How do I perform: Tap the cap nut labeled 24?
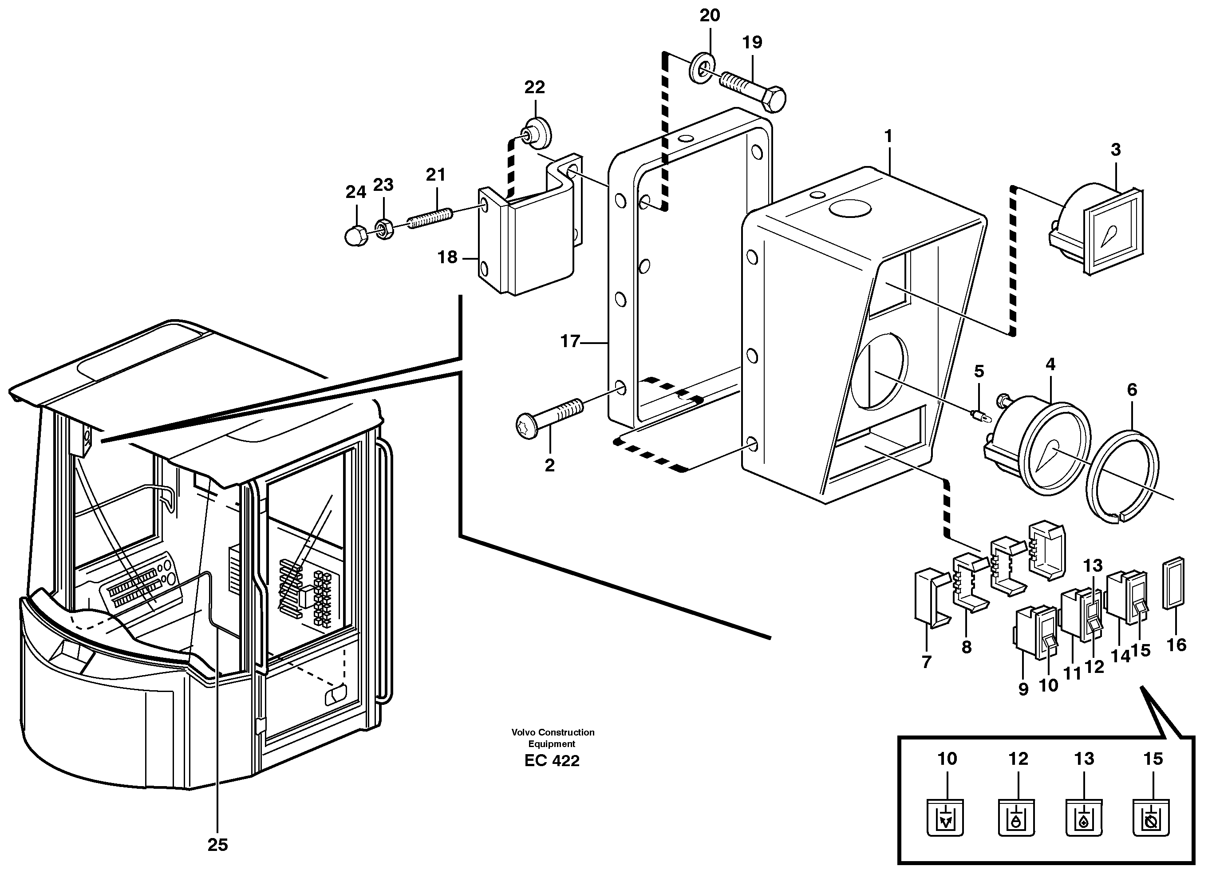click(356, 236)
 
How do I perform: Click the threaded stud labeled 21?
click(430, 218)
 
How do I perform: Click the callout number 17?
click(569, 341)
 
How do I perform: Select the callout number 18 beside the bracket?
click(447, 258)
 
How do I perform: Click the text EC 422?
click(552, 761)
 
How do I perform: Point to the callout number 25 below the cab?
click(217, 845)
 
